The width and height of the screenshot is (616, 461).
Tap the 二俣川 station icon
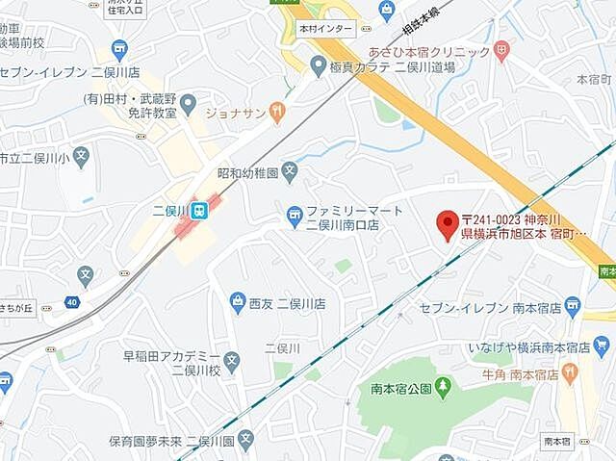pos(198,209)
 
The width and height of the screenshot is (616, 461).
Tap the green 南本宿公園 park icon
pos(442,388)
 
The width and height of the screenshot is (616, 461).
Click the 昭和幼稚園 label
pos(247,173)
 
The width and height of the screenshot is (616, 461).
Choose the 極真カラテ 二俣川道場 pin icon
pos(319,65)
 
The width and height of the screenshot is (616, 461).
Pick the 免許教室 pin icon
pos(189,101)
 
